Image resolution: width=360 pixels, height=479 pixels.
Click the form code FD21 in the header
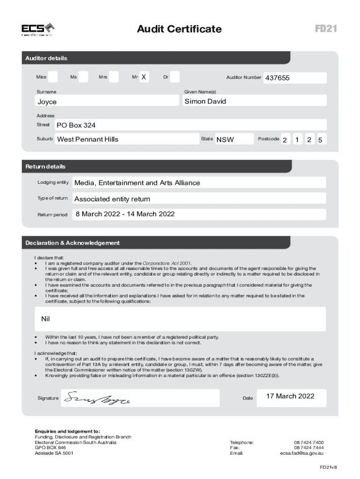point(326,29)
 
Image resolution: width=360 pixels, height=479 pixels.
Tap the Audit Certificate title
point(179,29)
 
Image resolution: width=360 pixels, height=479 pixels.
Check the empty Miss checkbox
point(53,77)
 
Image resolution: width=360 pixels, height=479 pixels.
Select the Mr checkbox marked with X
point(144,77)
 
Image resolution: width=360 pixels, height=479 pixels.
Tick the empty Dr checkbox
point(175,77)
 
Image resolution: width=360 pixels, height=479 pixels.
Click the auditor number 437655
point(278,78)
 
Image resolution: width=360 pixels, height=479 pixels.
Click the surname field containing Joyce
point(47,102)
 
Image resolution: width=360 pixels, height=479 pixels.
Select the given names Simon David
point(205,101)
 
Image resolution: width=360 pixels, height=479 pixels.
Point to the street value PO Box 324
point(76,125)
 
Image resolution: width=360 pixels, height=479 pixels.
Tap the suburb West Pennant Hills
point(87,139)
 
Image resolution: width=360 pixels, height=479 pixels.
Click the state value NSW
point(225,139)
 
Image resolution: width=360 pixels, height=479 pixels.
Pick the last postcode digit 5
point(320,140)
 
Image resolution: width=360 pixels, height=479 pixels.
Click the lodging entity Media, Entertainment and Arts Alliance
point(137,183)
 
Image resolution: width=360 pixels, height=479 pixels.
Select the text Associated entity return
point(112,199)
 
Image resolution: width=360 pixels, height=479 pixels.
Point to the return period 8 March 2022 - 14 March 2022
point(125,214)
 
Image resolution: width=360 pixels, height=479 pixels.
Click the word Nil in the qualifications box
point(45,319)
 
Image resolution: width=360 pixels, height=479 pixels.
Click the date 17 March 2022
point(290,396)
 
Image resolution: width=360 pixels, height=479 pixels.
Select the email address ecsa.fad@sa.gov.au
point(302,453)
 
